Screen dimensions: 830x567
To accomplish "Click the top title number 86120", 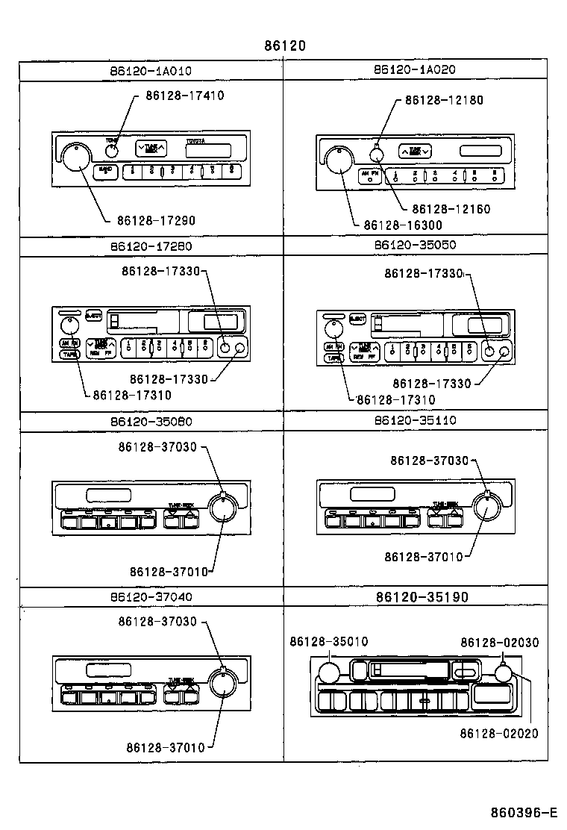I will [284, 46].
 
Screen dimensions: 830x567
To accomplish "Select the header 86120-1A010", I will [150, 71].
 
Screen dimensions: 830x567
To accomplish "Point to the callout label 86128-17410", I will [185, 96].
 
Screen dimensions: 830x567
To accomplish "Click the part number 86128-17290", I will [156, 220].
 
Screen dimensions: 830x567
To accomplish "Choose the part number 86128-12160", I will [451, 209].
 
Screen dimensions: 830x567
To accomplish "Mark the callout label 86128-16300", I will [403, 225].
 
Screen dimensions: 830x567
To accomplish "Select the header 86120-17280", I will [150, 246].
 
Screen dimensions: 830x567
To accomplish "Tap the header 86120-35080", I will [150, 421].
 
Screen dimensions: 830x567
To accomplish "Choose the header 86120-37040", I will [150, 597].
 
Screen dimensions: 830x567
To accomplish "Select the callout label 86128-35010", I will [328, 642].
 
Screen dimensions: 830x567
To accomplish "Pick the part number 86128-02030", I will [499, 642].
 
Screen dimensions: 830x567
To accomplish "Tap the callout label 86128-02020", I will [498, 734].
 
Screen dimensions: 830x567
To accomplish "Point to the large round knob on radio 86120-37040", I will [221, 683].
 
